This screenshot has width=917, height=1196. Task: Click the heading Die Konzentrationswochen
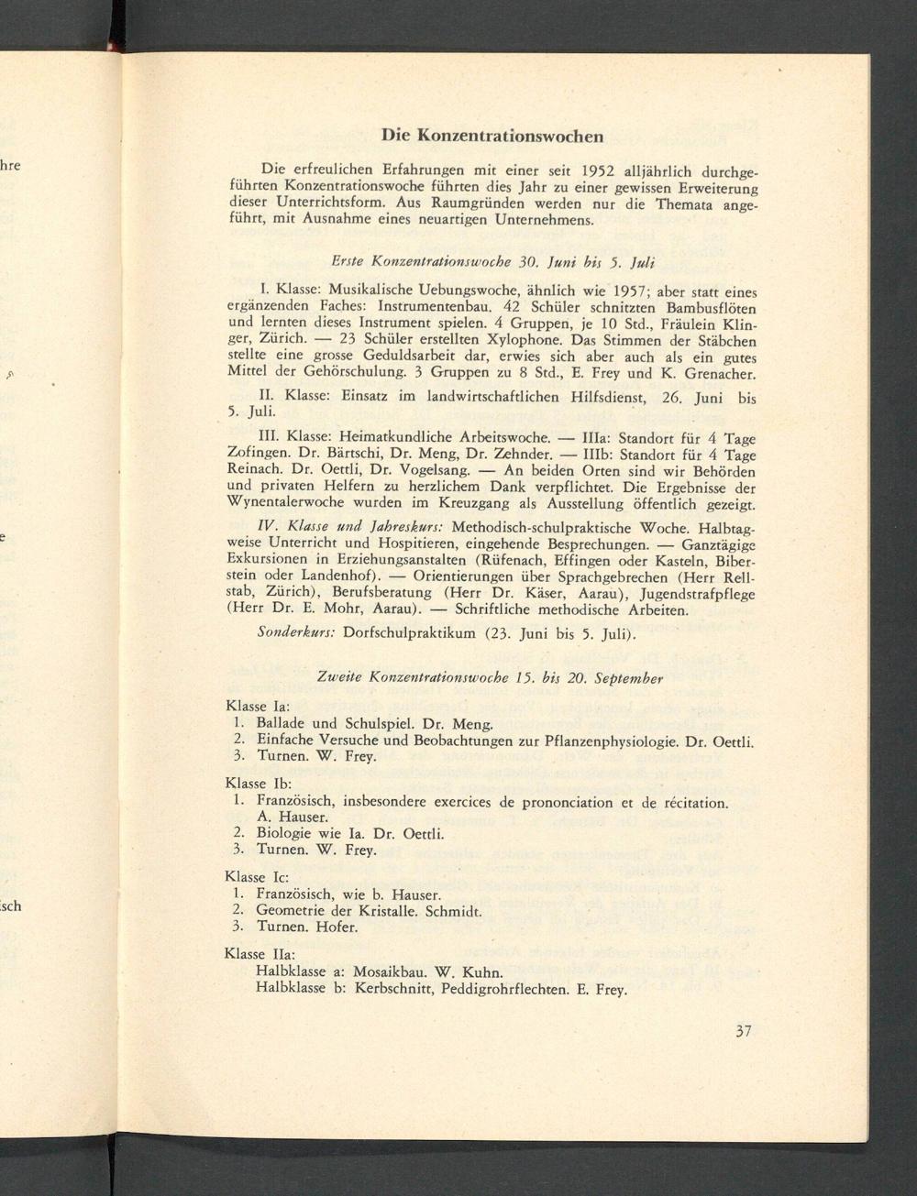[x=492, y=136]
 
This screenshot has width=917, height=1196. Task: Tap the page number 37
[x=743, y=1030]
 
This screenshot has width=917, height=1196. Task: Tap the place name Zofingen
[x=258, y=455]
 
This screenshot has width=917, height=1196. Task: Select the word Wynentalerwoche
[x=288, y=504]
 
